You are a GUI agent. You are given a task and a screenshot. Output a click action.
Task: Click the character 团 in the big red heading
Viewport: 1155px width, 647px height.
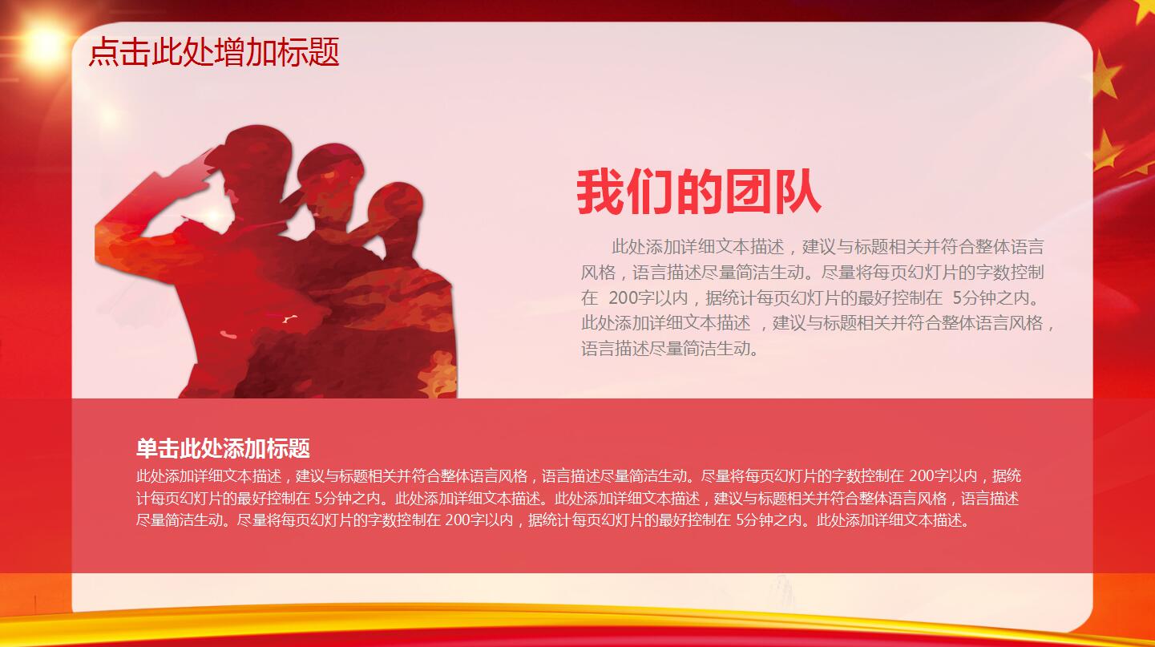(x=747, y=192)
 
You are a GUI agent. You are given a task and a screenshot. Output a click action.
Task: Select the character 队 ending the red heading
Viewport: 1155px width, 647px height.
(x=797, y=192)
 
